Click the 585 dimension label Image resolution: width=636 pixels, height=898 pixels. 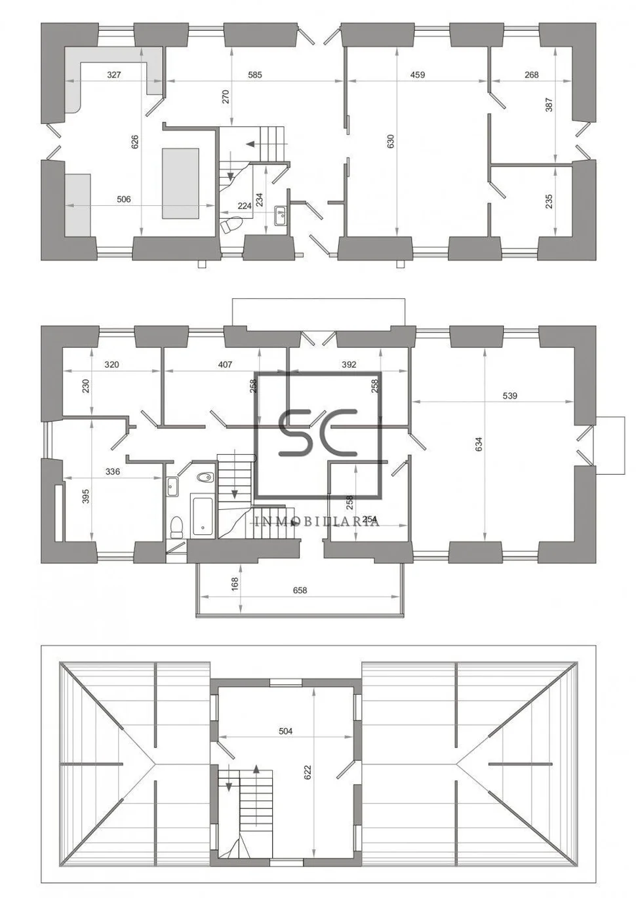[255, 75]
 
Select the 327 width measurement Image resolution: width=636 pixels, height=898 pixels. [114, 75]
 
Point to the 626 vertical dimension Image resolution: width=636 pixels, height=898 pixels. [135, 141]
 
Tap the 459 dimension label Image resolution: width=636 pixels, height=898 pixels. [418, 75]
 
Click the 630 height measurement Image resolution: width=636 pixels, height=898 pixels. [391, 141]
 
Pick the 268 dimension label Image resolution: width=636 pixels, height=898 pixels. [532, 75]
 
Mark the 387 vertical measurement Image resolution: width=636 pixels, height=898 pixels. [549, 104]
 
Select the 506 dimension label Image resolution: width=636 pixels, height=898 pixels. [124, 199]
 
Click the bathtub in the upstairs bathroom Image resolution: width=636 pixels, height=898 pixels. [202, 515]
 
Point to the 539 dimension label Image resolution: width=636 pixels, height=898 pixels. [509, 395]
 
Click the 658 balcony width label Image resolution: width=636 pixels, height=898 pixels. [300, 590]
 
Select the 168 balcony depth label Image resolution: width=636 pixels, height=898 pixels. [235, 583]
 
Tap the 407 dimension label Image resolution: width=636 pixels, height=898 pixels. [225, 364]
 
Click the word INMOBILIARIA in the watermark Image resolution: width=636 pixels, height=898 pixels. [317, 522]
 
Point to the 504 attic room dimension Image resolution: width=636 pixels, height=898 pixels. [285, 731]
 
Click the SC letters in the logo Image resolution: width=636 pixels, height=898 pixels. [318, 433]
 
